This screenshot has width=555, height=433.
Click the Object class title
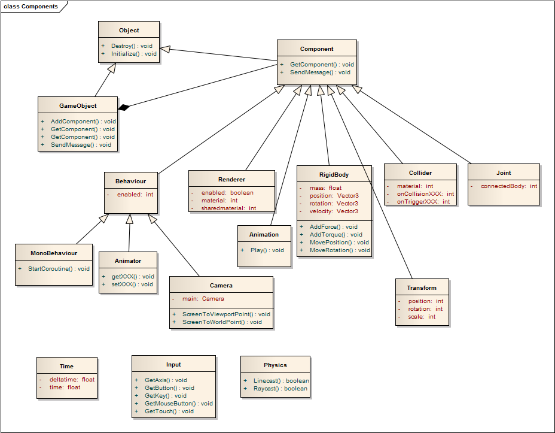click(x=129, y=30)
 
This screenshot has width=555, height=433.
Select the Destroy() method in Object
click(x=132, y=46)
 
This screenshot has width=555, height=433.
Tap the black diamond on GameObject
click(x=124, y=107)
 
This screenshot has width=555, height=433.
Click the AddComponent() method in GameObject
click(x=83, y=121)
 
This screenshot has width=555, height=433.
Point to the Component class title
click(x=316, y=49)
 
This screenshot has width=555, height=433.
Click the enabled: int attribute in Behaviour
click(x=135, y=195)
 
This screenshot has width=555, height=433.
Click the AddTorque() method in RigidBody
click(x=336, y=235)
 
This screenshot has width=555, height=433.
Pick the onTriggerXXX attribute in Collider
click(x=423, y=202)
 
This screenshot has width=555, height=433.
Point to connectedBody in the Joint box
click(x=508, y=186)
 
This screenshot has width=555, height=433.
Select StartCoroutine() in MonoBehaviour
click(x=59, y=268)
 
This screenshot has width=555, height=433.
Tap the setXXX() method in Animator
click(x=132, y=284)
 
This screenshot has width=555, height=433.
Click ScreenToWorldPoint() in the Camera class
click(x=222, y=322)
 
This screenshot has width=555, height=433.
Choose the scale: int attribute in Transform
click(x=422, y=316)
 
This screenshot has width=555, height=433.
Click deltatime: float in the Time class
click(x=72, y=379)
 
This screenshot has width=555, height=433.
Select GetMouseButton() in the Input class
click(x=178, y=403)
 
